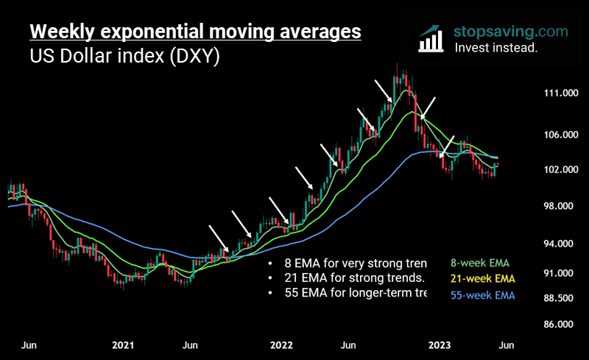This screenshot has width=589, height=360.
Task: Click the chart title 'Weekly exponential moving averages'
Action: click(x=195, y=32)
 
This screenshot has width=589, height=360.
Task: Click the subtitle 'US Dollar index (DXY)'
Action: click(x=124, y=57)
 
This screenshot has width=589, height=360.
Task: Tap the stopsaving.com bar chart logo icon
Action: click(x=431, y=40)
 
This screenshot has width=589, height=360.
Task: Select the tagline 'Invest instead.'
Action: click(x=495, y=48)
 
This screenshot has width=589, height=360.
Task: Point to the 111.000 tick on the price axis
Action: click(x=557, y=93)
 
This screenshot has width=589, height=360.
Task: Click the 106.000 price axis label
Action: click(x=557, y=135)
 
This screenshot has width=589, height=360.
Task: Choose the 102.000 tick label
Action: click(x=557, y=170)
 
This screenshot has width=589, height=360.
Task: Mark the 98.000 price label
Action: click(x=557, y=206)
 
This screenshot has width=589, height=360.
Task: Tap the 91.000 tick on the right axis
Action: click(x=557, y=273)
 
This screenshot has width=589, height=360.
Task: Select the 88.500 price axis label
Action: click(x=557, y=298)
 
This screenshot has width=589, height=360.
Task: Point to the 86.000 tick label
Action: click(x=557, y=324)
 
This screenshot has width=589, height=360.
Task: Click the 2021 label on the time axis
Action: click(x=123, y=345)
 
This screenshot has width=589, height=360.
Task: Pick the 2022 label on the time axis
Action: click(x=281, y=345)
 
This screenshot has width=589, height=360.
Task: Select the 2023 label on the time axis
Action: click(x=440, y=345)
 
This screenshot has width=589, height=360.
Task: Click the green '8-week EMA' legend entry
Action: click(x=479, y=263)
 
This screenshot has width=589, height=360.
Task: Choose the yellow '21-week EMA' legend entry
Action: click(x=482, y=279)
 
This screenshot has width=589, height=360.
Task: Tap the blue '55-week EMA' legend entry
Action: click(x=482, y=295)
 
